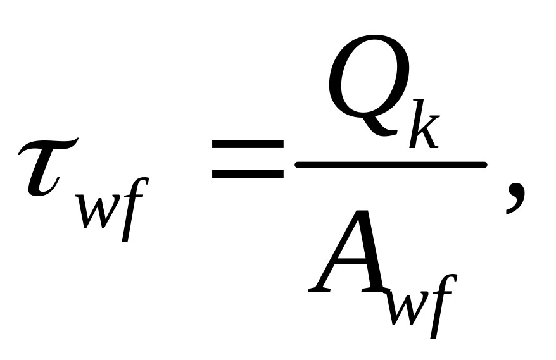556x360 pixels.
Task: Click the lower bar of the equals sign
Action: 248,174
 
